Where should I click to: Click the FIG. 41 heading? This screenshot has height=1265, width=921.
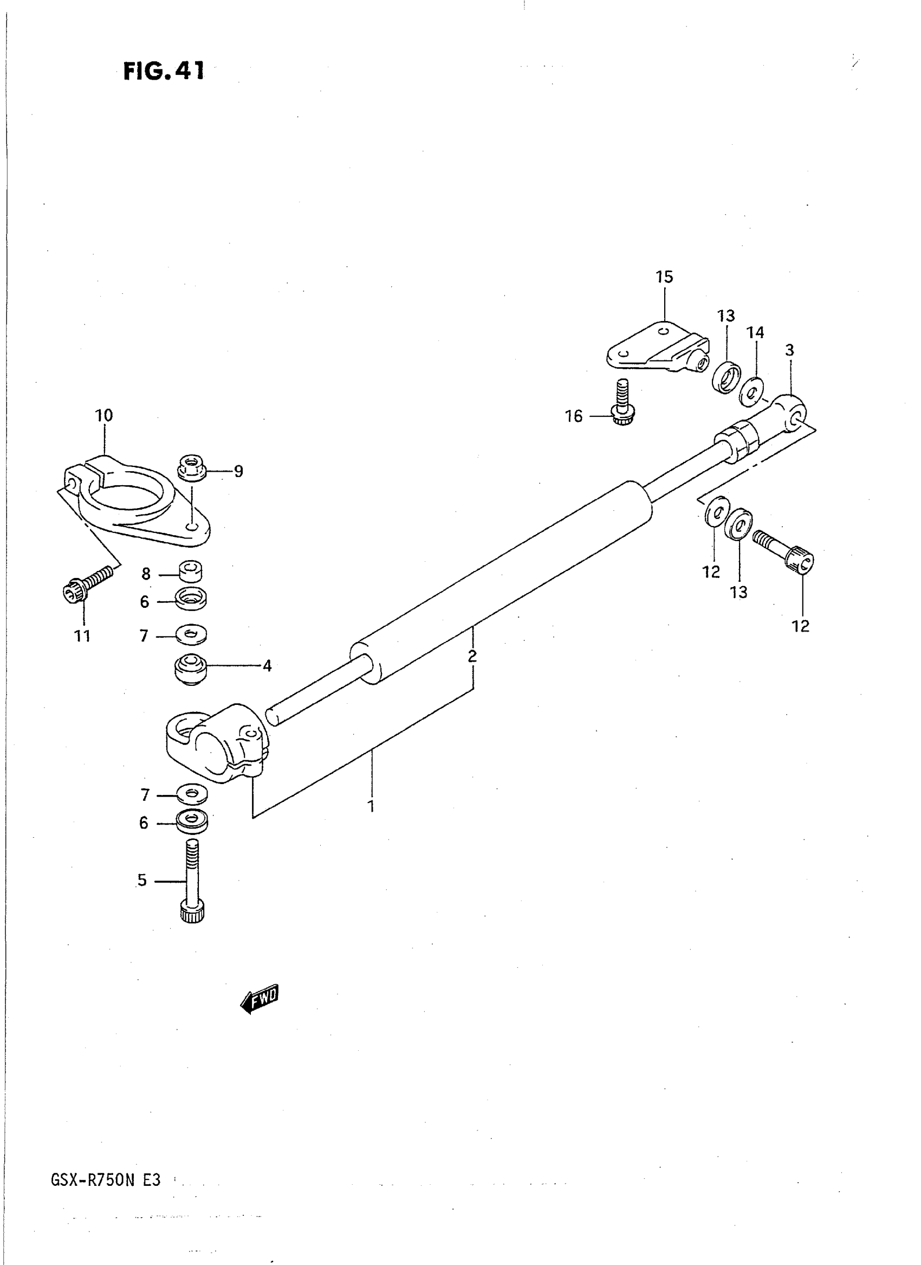(x=164, y=72)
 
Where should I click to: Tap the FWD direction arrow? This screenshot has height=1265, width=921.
(x=258, y=998)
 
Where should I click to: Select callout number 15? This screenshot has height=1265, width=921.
(x=664, y=277)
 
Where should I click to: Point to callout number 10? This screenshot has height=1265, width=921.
(x=104, y=415)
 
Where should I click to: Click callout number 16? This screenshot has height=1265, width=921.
(x=574, y=416)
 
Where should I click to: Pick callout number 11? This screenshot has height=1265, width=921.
(x=82, y=635)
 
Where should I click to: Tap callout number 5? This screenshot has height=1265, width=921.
(x=142, y=880)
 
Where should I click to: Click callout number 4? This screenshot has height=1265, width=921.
(x=267, y=666)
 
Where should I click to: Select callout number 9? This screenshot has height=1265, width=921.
(x=238, y=472)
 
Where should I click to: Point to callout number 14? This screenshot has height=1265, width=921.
(x=755, y=332)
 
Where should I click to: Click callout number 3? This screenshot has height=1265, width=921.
(x=789, y=350)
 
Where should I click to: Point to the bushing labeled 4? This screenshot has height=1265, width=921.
(x=191, y=669)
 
